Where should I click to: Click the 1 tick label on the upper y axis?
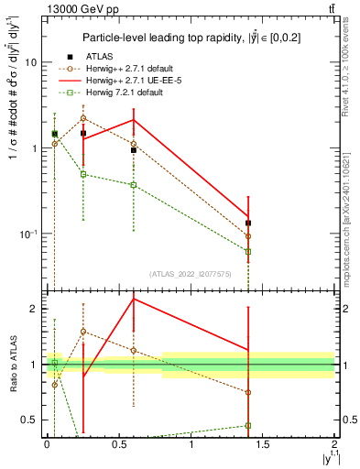click(32, 148)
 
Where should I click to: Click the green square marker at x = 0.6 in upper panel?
click(134, 185)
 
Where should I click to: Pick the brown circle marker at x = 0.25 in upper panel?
click(83, 118)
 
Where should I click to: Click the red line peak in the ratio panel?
click(134, 299)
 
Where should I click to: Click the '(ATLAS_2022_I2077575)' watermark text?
click(190, 273)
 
